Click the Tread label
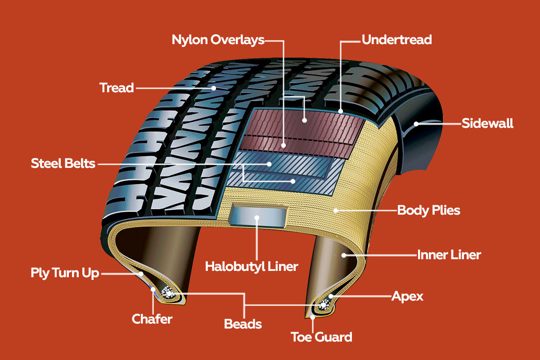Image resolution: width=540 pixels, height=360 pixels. coord(117,87)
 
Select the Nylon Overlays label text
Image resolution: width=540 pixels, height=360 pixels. coord(218,40)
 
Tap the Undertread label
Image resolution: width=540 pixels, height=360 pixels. coord(397,40)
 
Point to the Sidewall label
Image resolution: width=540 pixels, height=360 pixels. coord(487,123)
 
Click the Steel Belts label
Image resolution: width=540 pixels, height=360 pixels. coord(63,163)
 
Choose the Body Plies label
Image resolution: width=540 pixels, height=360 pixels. coord(428,210)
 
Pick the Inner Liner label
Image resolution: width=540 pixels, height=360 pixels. coord(449,255)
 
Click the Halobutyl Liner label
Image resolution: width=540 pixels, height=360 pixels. coord(252,266)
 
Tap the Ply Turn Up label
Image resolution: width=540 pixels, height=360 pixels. coord(65,273)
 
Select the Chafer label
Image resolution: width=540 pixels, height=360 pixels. coord(152,319)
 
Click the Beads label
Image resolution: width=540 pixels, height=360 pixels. coord(243,324)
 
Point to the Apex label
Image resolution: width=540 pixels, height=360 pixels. coord(407,296)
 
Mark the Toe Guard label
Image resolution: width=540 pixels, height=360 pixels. coord(321,337)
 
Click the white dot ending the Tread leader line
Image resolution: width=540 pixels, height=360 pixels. coord(214,88)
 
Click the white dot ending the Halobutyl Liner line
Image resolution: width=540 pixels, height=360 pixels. coord(257,218)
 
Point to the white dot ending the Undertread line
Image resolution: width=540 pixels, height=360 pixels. coord(341,111)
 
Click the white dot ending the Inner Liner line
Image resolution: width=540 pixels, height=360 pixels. coord(343,255)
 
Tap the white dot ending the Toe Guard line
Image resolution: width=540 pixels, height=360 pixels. coord(313,317)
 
